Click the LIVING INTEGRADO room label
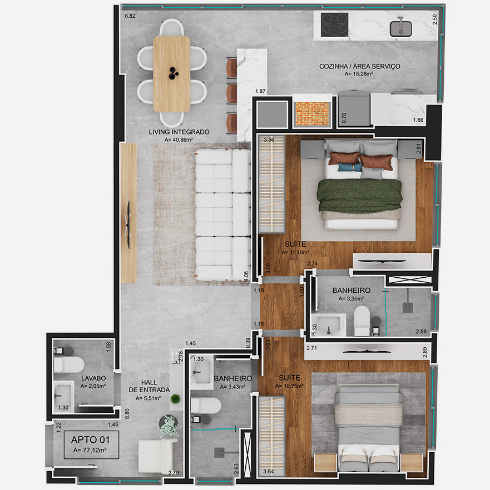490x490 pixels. (179, 132)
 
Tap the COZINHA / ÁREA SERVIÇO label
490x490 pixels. (359, 66)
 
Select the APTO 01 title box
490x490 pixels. (91, 444)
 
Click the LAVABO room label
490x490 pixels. (93, 378)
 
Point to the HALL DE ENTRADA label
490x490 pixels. (149, 386)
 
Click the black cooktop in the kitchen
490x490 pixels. (334, 24)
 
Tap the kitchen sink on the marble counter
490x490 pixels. (400, 28)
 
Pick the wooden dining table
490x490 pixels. (171, 74)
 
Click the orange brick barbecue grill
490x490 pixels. (312, 113)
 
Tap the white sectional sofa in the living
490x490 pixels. (223, 214)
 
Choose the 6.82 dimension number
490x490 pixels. (130, 16)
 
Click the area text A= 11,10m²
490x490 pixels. (295, 252)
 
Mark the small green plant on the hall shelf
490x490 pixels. (175, 398)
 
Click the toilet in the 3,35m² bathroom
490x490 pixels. (362, 321)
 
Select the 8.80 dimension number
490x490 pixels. (127, 414)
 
